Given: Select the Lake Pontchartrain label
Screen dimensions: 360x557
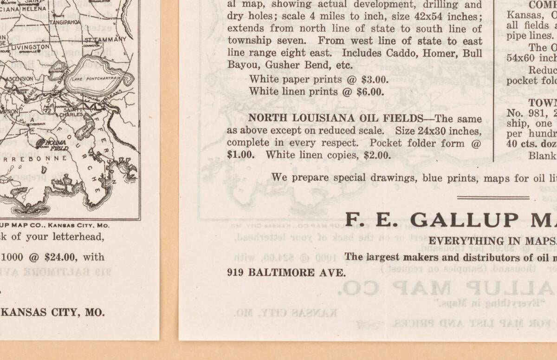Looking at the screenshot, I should pos(94,78).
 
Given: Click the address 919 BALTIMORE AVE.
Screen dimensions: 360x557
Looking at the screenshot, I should pos(286,273).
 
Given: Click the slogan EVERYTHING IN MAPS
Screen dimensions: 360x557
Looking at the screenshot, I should pos(492,241).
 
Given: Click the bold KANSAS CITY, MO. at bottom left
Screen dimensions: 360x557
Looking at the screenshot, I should pos(52,313).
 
